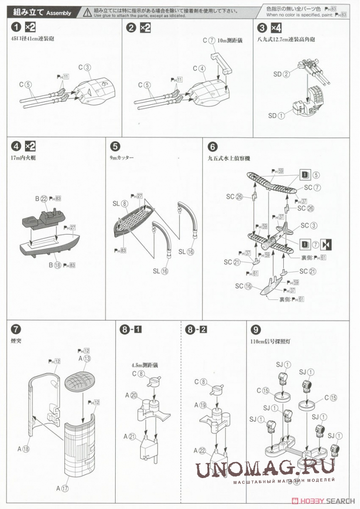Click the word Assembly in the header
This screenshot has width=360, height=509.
click(x=58, y=13)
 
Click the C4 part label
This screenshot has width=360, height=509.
click(x=198, y=68)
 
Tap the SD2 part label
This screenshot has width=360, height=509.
click(x=281, y=74)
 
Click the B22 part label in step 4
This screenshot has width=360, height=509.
click(x=41, y=198)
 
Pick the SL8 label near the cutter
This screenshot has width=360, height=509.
click(x=120, y=204)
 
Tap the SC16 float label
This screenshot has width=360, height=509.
click(x=243, y=286)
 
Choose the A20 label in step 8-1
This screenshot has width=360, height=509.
click(x=130, y=396)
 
